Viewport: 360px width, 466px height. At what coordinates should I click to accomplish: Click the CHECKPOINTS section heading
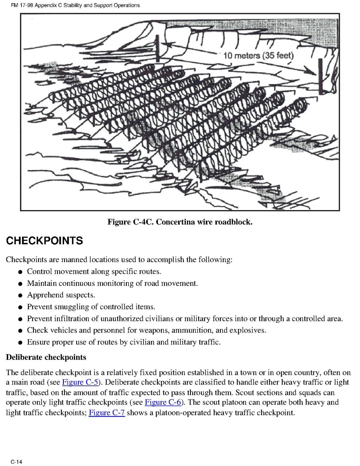tap(44, 241)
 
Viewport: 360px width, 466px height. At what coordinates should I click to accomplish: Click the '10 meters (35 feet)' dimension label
tap(259, 56)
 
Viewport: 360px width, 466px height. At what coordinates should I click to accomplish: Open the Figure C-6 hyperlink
tap(163, 402)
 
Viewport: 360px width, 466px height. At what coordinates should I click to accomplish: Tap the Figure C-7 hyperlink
tap(107, 412)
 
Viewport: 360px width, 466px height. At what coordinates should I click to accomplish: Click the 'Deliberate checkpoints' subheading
tap(46, 357)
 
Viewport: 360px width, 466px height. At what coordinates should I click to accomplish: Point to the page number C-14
tap(16, 462)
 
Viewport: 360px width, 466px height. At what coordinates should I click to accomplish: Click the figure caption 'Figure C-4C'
tap(130, 222)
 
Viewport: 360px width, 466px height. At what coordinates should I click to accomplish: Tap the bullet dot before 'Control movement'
tap(20, 272)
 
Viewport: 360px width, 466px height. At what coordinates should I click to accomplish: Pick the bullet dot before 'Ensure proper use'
tap(20, 343)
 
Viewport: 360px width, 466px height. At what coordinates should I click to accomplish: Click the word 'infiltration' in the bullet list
tap(68, 319)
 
